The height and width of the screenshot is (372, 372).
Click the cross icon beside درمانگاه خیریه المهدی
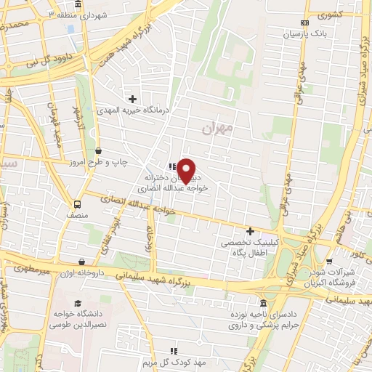tap(132, 98)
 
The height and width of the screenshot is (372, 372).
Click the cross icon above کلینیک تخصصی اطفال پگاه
tap(251, 231)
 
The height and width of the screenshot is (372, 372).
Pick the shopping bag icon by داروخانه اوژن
tap(81, 262)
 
